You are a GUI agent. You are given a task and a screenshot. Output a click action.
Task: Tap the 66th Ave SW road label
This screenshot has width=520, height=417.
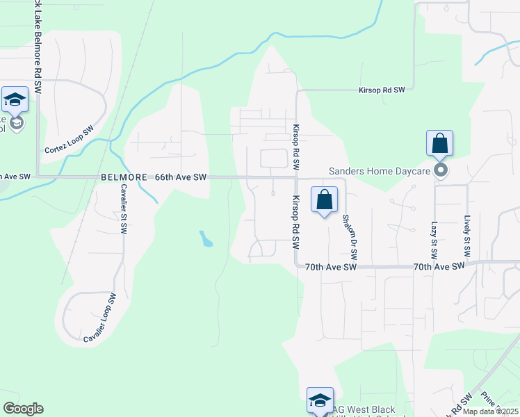coord(181,177)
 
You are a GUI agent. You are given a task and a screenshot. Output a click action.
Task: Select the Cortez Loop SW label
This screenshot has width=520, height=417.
coord(69,140)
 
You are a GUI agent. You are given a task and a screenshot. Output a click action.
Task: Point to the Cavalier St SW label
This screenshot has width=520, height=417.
coord(124,208)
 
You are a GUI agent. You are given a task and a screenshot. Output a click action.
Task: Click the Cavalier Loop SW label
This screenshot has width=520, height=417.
coord(99,318)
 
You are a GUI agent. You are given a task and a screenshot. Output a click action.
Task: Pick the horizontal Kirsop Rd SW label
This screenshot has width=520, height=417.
coord(381,90)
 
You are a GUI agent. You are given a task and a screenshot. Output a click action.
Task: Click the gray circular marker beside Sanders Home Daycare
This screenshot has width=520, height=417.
coord(439,170)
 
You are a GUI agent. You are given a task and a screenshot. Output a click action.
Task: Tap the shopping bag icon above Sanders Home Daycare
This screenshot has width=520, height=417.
coord(439,144)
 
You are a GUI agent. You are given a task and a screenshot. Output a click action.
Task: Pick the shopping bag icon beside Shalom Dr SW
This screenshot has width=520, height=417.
coord(324,200)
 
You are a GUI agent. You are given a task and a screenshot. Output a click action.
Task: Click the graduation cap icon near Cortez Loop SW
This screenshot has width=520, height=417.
coord(15,101)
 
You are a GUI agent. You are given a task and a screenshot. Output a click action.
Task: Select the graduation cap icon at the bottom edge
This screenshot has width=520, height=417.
coord(320,401)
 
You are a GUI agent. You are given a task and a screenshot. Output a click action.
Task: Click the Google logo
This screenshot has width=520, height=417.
coord(23,409)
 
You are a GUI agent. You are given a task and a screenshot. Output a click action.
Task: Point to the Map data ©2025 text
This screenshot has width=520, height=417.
coord(490,411)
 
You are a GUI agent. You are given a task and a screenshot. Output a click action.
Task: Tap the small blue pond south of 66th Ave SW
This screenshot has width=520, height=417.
coord(206,240)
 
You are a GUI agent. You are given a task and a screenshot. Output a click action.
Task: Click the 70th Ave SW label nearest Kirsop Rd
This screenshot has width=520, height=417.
coord(330,267)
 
